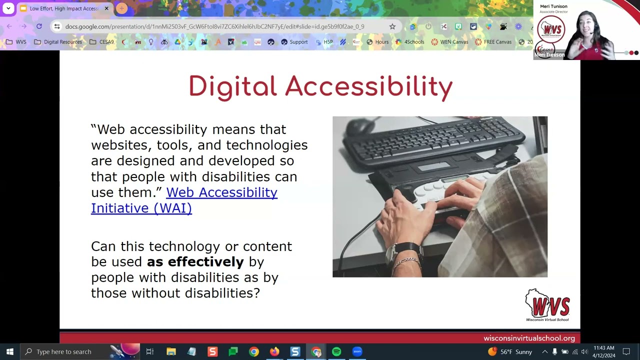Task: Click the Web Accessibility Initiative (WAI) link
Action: [184, 200]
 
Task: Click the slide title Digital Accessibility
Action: [320, 87]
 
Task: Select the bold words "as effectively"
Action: [195, 261]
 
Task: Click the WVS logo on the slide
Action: [547, 304]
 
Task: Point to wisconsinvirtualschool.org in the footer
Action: [529, 338]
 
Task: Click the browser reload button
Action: [39, 26]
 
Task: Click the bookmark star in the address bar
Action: [392, 26]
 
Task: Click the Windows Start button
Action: [10, 351]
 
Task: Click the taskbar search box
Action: [64, 351]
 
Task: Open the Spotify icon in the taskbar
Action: [336, 351]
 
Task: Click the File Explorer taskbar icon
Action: [171, 351]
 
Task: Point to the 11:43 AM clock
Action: [603, 348]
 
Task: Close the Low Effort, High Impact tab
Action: [106, 8]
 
